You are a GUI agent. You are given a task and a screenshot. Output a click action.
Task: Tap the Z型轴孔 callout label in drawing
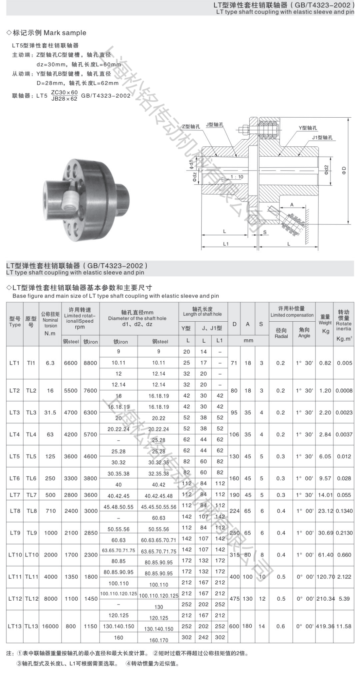191,126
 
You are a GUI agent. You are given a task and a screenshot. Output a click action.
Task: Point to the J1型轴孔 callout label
322,138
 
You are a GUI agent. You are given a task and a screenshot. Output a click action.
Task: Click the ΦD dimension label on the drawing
344,170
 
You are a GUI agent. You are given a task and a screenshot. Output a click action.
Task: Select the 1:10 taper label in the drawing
237,177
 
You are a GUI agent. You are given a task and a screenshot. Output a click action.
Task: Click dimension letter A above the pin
292,205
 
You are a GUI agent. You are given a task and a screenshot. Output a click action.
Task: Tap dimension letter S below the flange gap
265,232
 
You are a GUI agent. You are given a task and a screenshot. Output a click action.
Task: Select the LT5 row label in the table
15,456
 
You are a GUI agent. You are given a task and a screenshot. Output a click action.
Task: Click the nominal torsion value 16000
50,626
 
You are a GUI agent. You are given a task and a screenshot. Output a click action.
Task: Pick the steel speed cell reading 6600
71,363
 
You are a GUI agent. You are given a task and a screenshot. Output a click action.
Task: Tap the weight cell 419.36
325,626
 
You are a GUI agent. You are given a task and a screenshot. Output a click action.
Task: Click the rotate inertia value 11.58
344,626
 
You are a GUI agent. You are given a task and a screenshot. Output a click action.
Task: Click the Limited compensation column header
292,312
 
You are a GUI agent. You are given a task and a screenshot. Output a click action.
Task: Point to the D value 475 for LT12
234,599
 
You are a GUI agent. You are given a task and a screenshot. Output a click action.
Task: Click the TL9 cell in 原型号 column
31,533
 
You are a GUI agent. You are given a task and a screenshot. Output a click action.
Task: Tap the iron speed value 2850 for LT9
91,533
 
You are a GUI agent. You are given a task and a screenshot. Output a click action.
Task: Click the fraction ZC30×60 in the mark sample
64,93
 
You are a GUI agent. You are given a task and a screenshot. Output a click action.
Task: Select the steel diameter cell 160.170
159,640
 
